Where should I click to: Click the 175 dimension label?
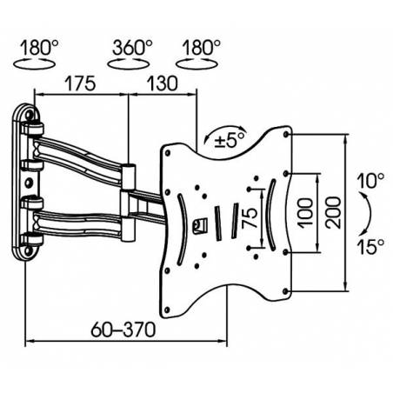pos(80,83)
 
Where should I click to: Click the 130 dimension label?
pos(162,83)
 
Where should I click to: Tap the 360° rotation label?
pos(132,48)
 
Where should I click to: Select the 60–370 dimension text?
pos(123,330)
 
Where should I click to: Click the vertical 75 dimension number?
pos(250,217)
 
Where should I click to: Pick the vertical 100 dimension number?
pos(305,213)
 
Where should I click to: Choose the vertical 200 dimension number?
pos(332,212)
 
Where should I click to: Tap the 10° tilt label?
pos(370,181)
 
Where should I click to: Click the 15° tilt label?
pos(370,247)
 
